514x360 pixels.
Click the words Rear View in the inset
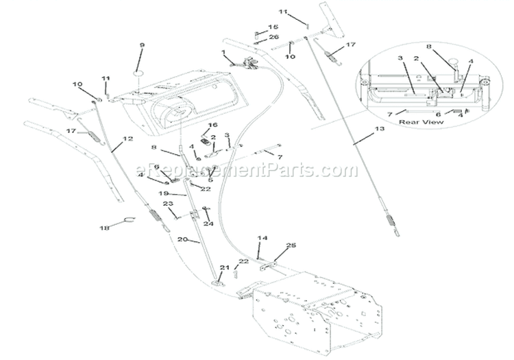click(x=421, y=122)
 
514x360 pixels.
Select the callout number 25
click(x=291, y=245)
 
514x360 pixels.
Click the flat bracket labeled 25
click(x=271, y=263)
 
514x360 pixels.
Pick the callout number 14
click(x=260, y=238)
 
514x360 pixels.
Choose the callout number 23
click(x=167, y=203)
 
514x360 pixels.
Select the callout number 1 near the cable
click(x=223, y=52)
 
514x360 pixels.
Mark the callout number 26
click(x=274, y=36)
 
